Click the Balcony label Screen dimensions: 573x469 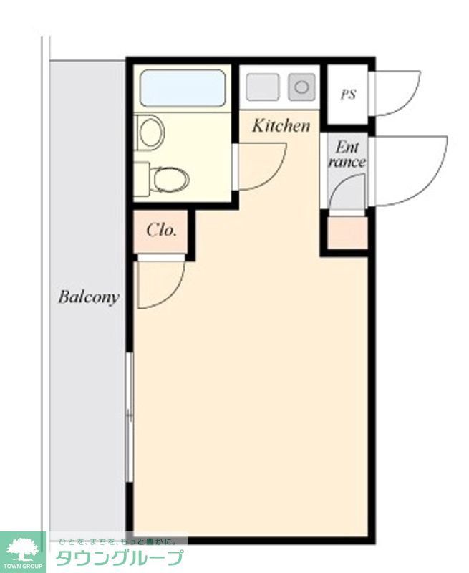pos(89,297)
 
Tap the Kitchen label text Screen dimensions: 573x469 pos(281,126)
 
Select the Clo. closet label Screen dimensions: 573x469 pos(161,231)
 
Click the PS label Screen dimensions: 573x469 pos(348,94)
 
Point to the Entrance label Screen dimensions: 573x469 pos(347,155)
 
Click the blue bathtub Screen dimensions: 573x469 pos(182,88)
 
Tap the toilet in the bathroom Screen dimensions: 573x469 pos(170,179)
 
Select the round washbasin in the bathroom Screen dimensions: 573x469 pos(152,133)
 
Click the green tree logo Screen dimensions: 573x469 pos(22,551)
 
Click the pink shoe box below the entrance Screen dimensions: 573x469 pos(347,233)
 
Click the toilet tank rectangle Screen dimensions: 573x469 pos(141,179)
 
